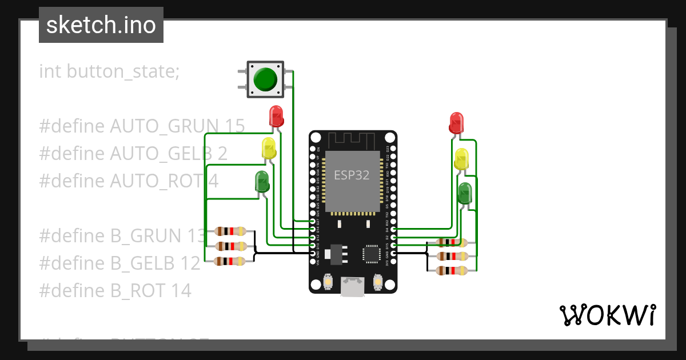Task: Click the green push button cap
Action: pyautogui.click(x=265, y=79)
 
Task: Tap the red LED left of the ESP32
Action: pyautogui.click(x=276, y=117)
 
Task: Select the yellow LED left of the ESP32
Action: pyautogui.click(x=269, y=149)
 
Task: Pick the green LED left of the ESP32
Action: pyautogui.click(x=262, y=182)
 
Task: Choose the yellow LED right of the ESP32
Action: pyautogui.click(x=461, y=159)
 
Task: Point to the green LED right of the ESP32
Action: pyautogui.click(x=465, y=193)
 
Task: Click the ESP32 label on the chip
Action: pyautogui.click(x=352, y=175)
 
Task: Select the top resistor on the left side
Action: pyautogui.click(x=230, y=231)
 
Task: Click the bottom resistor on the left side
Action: pyautogui.click(x=230, y=261)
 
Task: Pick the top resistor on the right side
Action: pyautogui.click(x=452, y=242)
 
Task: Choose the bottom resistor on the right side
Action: pyautogui.click(x=452, y=271)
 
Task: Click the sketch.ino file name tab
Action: pyautogui.click(x=101, y=25)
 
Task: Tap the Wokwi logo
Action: pyautogui.click(x=607, y=315)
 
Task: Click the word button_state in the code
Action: pyautogui.click(x=123, y=71)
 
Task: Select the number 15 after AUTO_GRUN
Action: pyautogui.click(x=235, y=126)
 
